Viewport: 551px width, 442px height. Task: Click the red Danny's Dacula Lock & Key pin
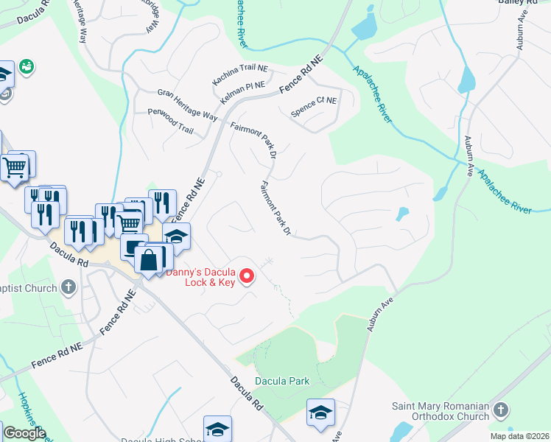point(248,276)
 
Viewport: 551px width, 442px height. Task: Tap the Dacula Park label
point(281,381)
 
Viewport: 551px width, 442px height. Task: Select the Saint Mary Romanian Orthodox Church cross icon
point(500,408)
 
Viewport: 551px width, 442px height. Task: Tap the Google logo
point(24,433)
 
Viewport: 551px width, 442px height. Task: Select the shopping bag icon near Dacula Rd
point(149,259)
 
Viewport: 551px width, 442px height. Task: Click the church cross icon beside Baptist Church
point(69,286)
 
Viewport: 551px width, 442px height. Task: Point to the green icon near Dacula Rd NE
point(27,66)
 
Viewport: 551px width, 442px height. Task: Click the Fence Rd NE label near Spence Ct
point(302,77)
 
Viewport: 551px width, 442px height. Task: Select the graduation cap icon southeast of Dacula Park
point(320,412)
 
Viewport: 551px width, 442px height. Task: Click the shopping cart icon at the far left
point(15,167)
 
